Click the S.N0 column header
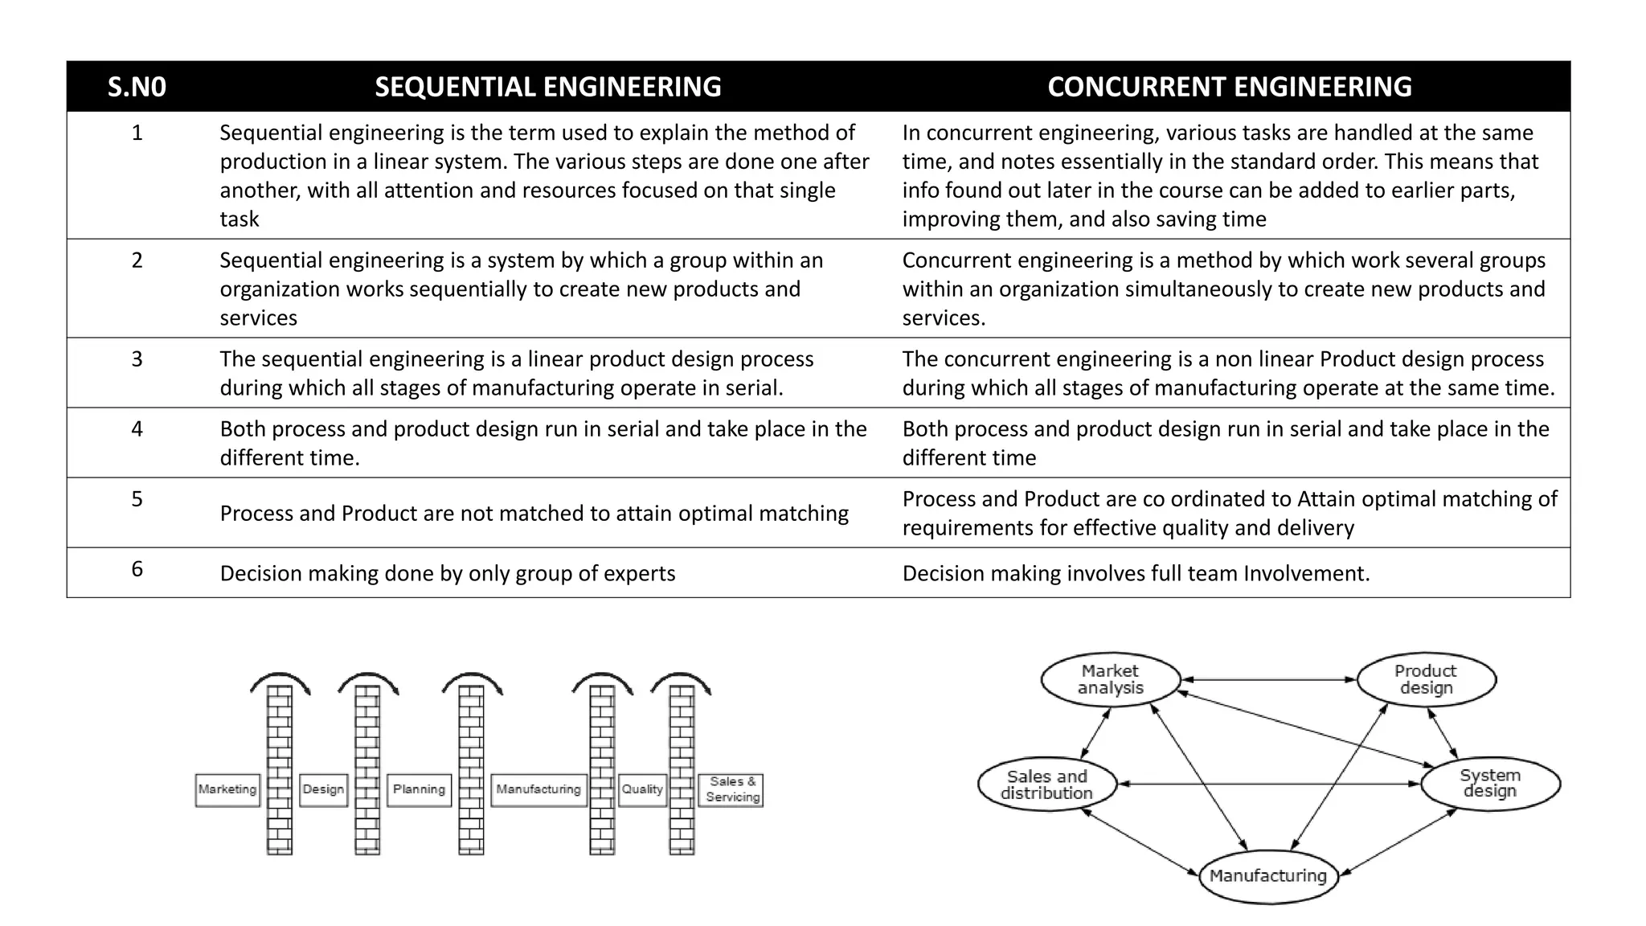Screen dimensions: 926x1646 [x=137, y=87]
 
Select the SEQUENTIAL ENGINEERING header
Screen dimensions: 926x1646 [x=547, y=87]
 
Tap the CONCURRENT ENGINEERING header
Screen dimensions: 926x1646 [x=1229, y=87]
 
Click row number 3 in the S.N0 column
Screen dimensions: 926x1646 [x=137, y=359]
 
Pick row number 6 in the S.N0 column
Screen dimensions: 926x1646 [x=137, y=569]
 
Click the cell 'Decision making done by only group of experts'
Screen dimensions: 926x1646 [x=447, y=573]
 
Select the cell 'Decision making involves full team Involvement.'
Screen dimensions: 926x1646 [x=1136, y=573]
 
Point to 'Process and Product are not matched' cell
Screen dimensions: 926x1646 [x=534, y=513]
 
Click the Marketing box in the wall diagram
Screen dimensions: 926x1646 [x=227, y=789]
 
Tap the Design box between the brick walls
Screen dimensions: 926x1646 [x=323, y=789]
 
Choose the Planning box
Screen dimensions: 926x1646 [x=419, y=789]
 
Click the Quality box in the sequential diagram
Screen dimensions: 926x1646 [x=642, y=789]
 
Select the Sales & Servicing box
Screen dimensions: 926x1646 [x=731, y=789]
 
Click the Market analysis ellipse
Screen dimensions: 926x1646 [x=1111, y=679]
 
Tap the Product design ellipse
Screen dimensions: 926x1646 [x=1426, y=679]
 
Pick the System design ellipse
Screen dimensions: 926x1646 [x=1490, y=784]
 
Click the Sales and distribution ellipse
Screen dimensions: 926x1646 [x=1046, y=785]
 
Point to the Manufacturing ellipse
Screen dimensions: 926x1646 [x=1267, y=875]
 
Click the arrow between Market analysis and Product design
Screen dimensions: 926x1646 [x=1268, y=680]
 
